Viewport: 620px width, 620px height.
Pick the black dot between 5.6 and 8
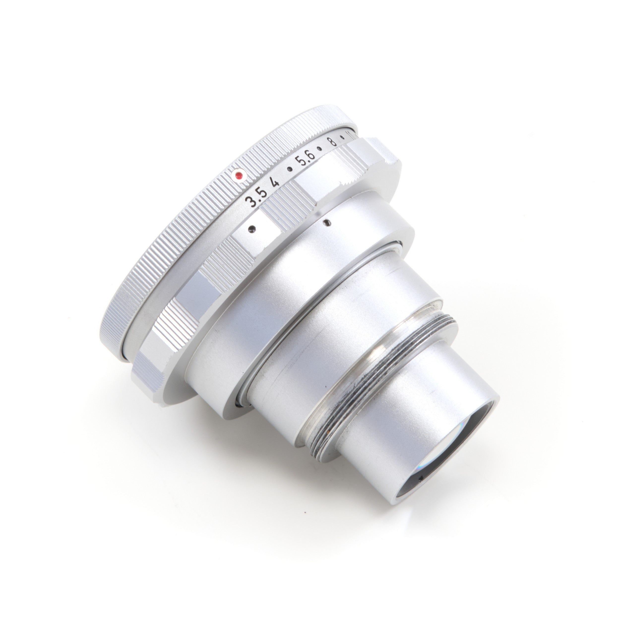(x=320, y=148)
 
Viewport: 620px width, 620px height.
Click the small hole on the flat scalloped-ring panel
(x=252, y=228)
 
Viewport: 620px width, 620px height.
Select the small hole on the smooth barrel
(x=326, y=221)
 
